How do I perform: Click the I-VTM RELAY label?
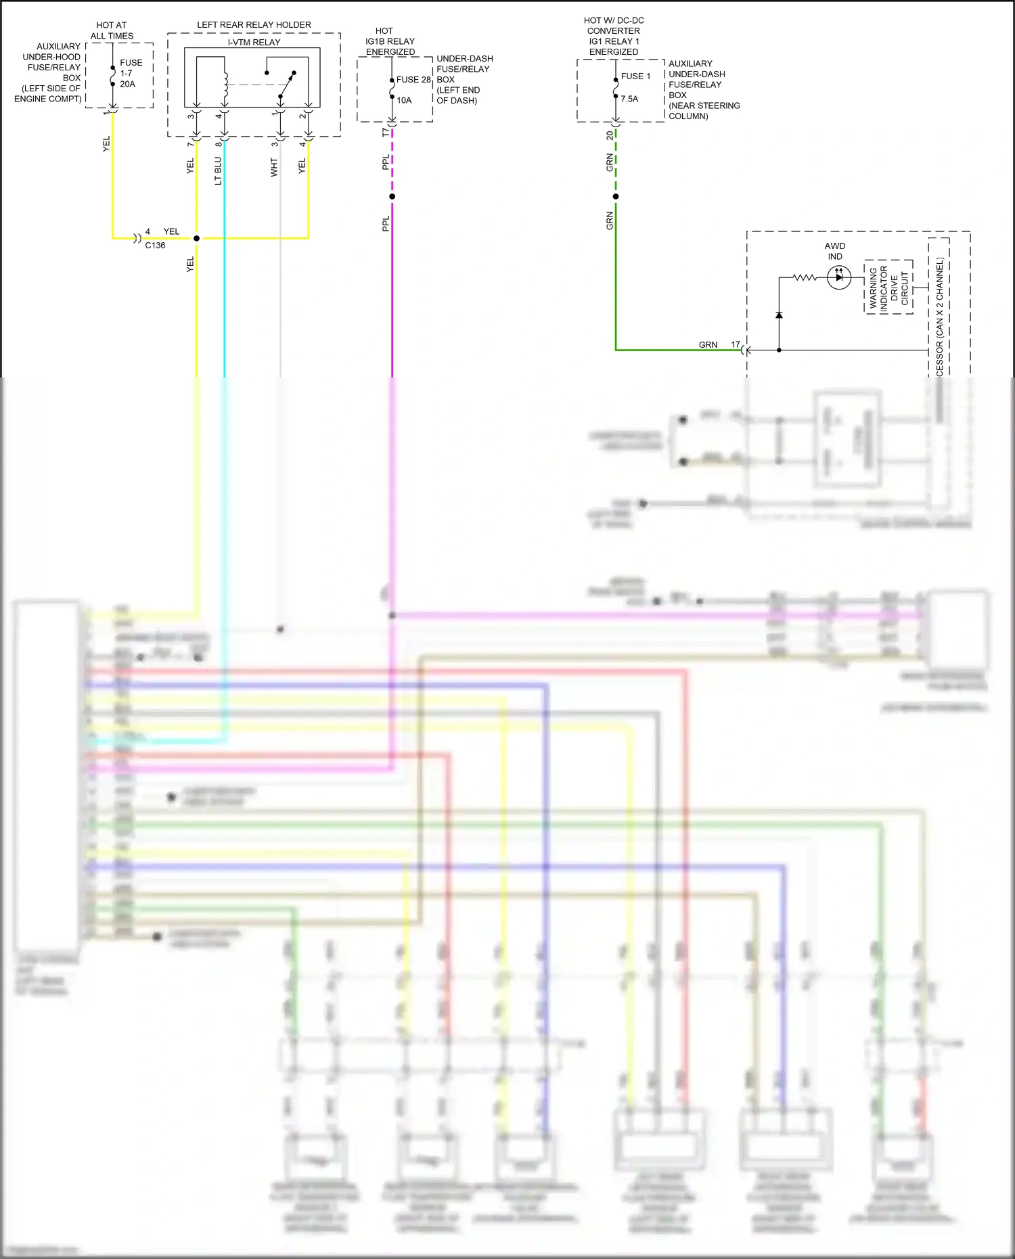254,42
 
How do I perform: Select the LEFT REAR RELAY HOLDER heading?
254,25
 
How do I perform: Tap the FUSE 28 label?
413,79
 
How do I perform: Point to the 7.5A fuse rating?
629,99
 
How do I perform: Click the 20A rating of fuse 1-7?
127,85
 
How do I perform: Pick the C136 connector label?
155,246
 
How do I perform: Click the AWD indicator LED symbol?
839,277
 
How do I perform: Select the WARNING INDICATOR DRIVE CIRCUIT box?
888,287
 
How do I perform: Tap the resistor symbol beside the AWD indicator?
805,277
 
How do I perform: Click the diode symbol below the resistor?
779,315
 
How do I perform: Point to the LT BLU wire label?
218,171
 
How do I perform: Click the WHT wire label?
274,167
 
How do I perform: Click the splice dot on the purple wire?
392,197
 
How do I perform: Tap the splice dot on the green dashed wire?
616,197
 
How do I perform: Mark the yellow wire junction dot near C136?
197,238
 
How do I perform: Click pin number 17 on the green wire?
736,344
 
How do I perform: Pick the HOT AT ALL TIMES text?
112,30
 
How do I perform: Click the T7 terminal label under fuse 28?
386,132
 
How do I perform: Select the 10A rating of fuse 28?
404,100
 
